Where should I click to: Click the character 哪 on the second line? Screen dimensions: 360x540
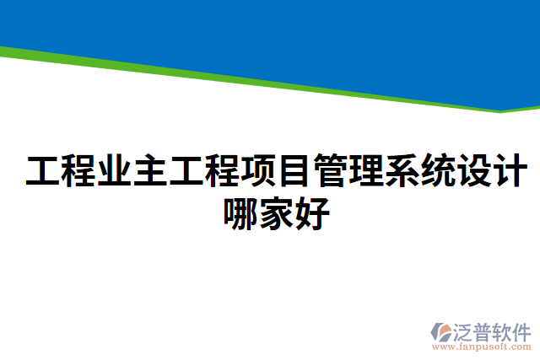pos(241,212)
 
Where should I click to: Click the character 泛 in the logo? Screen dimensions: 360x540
pos(463,330)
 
